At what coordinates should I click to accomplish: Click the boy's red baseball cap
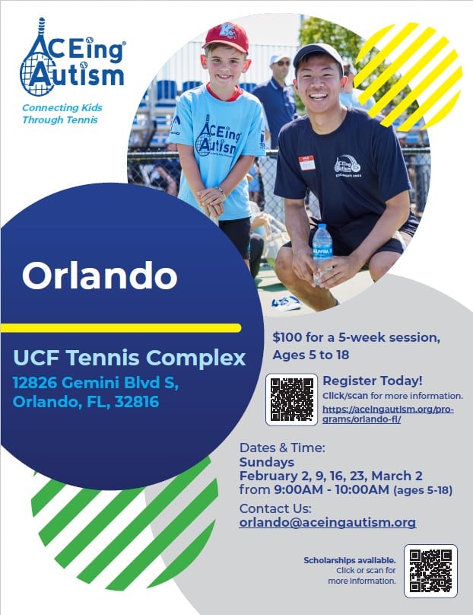tap(227, 37)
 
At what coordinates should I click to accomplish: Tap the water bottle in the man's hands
tap(322, 251)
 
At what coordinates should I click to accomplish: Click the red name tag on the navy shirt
tap(307, 163)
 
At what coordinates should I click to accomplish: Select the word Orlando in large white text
tap(100, 276)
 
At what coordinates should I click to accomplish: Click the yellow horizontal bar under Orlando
tap(121, 328)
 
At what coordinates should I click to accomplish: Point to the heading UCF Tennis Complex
tap(129, 358)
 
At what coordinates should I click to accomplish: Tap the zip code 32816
tap(137, 402)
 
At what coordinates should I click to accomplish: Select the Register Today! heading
tap(373, 381)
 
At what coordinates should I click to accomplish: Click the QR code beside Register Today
tap(291, 400)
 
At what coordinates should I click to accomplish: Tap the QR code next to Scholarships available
tap(430, 571)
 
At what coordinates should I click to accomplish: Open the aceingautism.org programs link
tap(388, 414)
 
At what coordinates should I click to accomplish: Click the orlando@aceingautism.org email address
tap(328, 522)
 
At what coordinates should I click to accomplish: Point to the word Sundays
tap(266, 462)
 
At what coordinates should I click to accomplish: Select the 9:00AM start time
tap(301, 489)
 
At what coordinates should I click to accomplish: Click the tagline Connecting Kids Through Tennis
tap(62, 113)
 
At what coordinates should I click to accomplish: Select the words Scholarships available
tap(350, 560)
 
